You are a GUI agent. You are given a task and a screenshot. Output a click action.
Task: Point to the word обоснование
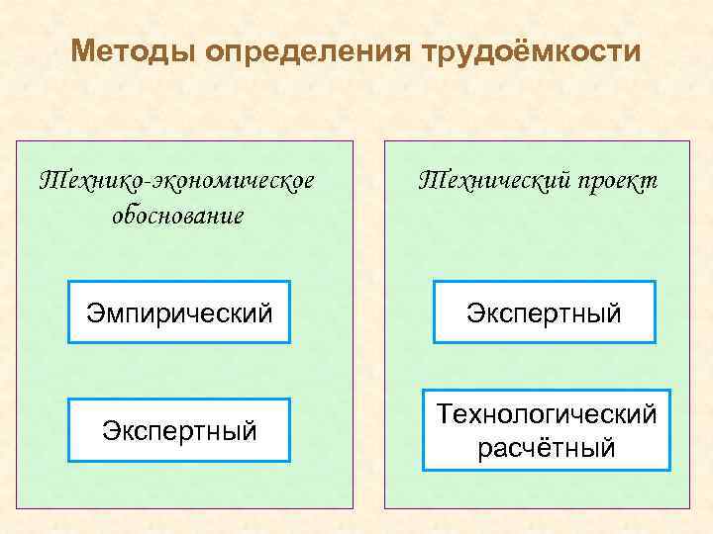pyautogui.click(x=178, y=215)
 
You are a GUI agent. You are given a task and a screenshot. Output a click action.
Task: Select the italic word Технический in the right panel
pyautogui.click(x=484, y=181)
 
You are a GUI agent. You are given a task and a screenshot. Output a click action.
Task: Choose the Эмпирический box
pyautogui.click(x=179, y=313)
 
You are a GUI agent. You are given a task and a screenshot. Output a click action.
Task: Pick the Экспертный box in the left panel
pyautogui.click(x=179, y=431)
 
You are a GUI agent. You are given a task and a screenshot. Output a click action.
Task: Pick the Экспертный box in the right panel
pyautogui.click(x=545, y=313)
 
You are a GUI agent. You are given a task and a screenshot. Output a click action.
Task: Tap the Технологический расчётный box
pyautogui.click(x=547, y=430)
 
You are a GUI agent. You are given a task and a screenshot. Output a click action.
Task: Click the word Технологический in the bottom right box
pyautogui.click(x=547, y=414)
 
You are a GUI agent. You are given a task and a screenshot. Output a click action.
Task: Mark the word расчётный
pyautogui.click(x=547, y=448)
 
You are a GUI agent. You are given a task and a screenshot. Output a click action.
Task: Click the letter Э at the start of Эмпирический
pyautogui.click(x=94, y=313)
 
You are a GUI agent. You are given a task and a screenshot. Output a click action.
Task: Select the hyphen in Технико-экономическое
pyautogui.click(x=147, y=183)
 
